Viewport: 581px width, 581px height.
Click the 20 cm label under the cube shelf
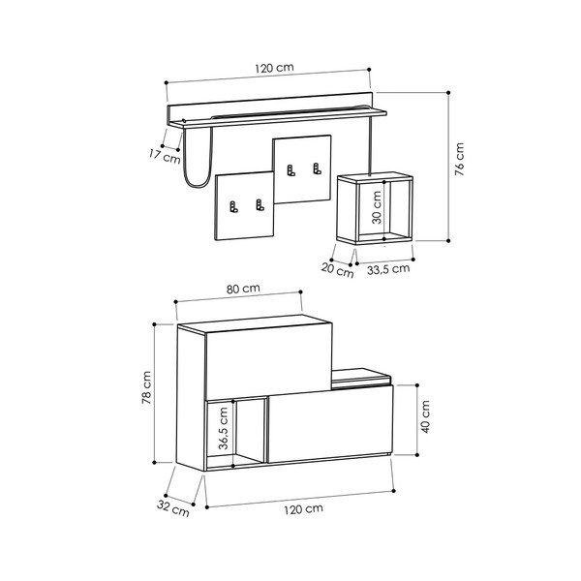(x=339, y=271)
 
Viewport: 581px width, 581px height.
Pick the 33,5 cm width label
(x=390, y=270)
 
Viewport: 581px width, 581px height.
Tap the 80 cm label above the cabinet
(x=244, y=289)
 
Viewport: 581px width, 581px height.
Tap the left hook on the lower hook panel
(x=233, y=205)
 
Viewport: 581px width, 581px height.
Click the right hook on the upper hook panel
(x=316, y=171)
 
